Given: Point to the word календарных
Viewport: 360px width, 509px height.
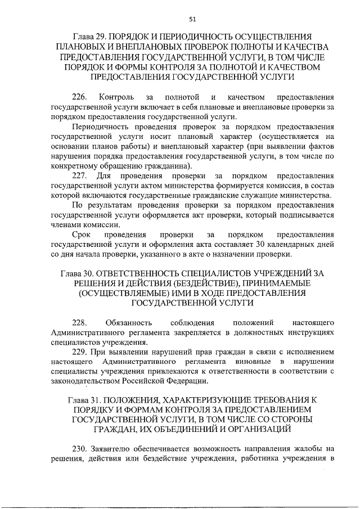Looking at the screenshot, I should pos(288,244).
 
